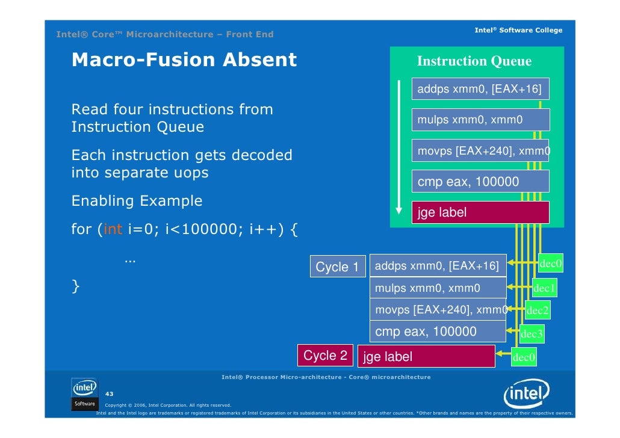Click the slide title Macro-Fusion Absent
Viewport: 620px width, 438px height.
(184, 60)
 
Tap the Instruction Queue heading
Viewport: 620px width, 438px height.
(474, 61)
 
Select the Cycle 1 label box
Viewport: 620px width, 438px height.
(337, 267)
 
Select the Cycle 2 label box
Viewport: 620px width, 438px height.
(325, 356)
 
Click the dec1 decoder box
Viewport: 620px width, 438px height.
(544, 289)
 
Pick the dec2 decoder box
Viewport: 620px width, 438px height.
(537, 311)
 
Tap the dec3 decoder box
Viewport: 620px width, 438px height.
(532, 334)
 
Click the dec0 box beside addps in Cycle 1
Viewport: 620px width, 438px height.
(551, 264)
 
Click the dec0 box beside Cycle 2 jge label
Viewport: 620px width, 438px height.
(523, 358)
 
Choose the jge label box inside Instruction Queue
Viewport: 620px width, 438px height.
(480, 212)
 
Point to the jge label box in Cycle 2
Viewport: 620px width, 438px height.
(426, 357)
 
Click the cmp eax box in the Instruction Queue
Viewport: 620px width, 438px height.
(480, 182)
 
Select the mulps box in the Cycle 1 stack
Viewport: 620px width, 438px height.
(438, 288)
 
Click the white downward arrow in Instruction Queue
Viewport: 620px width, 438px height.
(398, 147)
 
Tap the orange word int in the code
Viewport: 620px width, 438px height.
(113, 229)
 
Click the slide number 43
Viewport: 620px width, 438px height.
(110, 393)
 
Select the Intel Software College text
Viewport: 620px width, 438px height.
(518, 30)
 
